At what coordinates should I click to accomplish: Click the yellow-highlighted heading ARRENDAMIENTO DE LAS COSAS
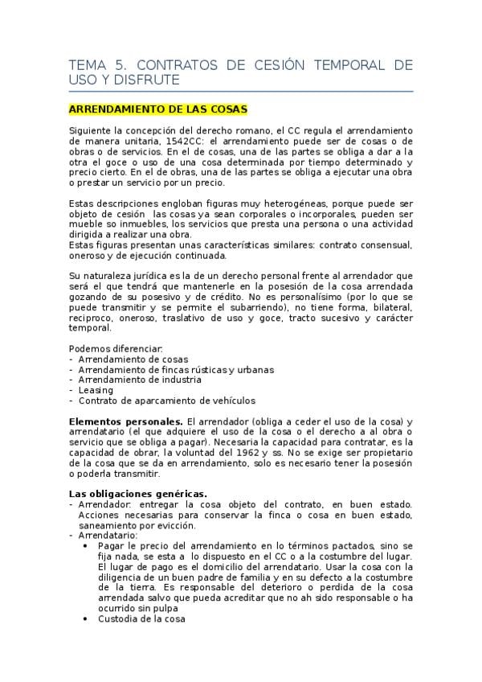158,108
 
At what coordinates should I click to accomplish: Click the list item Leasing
96,390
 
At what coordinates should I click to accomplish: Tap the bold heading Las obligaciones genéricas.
137,494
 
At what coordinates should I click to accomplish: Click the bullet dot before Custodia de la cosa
86,619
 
